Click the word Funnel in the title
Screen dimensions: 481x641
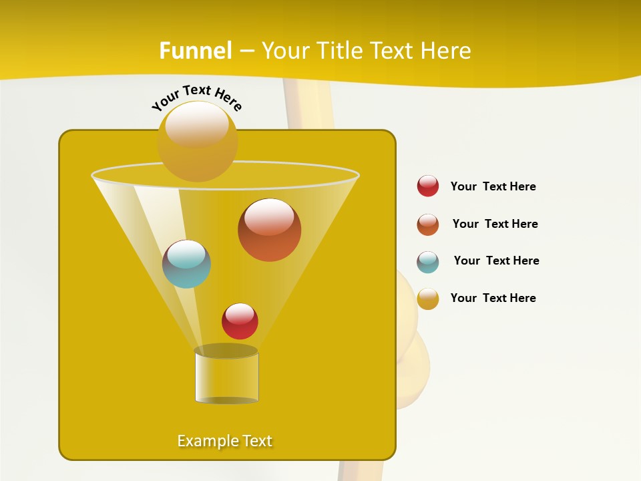[x=196, y=51]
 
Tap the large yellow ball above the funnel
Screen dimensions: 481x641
[x=197, y=141]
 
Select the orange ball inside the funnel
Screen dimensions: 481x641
[x=270, y=230]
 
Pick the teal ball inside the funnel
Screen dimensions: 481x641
[x=186, y=264]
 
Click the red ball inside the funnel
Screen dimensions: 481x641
[x=240, y=321]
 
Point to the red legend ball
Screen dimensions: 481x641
[x=428, y=186]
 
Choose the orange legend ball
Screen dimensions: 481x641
[x=428, y=224]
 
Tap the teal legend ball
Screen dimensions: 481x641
[x=428, y=262]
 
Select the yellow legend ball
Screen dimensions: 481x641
[x=428, y=299]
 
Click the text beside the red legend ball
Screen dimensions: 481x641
[x=493, y=186]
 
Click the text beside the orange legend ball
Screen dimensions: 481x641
[x=495, y=224]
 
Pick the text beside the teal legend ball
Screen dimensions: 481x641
[x=496, y=261]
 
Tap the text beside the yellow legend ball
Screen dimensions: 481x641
[x=493, y=298]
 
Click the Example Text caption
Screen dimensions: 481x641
[x=225, y=441]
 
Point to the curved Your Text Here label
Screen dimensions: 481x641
[x=196, y=97]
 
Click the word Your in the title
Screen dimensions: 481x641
[x=282, y=51]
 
